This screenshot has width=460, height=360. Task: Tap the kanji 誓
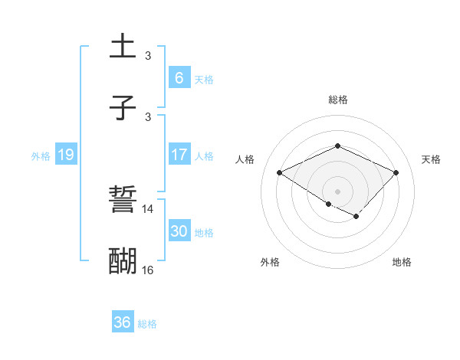(x=123, y=201)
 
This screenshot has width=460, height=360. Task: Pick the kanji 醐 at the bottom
(x=123, y=261)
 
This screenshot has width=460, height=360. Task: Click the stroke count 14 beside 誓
(x=148, y=208)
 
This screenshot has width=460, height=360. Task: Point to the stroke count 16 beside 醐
(x=148, y=270)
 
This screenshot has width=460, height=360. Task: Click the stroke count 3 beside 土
(x=148, y=55)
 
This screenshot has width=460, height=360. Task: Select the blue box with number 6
(x=179, y=78)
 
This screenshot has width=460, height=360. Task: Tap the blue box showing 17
(x=179, y=155)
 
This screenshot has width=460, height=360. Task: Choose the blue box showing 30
(x=179, y=231)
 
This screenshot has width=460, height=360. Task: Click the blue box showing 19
(x=66, y=155)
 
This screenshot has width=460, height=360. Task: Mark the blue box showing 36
(x=123, y=322)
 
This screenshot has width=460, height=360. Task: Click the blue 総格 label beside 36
(x=148, y=324)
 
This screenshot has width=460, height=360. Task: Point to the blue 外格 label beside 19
(x=41, y=155)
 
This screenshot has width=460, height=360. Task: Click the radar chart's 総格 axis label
(x=337, y=100)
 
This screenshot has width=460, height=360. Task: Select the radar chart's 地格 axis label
(x=402, y=262)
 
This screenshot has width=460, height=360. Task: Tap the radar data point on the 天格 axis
(x=396, y=173)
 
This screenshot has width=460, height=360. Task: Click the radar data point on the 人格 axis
(x=280, y=173)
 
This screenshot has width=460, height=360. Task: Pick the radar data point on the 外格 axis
(x=329, y=204)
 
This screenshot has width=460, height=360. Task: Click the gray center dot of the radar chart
(x=337, y=191)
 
